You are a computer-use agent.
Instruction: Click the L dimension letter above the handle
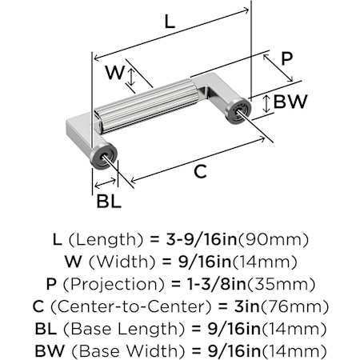click(170, 22)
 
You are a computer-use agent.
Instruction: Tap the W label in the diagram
click(114, 72)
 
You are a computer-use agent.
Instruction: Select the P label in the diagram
click(287, 58)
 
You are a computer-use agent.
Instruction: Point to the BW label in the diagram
click(290, 102)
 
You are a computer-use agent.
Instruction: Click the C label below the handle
click(200, 171)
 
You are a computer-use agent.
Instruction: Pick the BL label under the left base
click(109, 201)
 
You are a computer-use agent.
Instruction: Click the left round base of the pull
click(102, 157)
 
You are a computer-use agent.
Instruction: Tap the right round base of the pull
click(238, 110)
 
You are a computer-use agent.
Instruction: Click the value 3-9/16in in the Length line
click(202, 240)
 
